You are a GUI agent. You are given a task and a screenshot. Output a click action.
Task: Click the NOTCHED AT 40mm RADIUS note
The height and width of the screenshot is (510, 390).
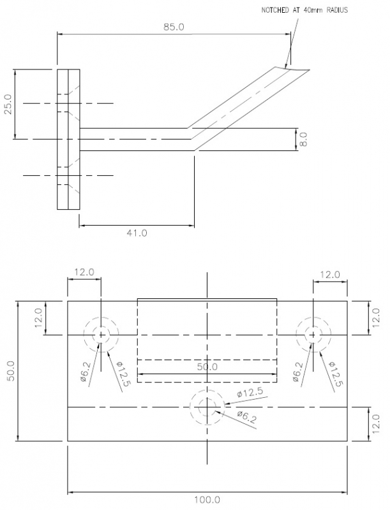click(x=304, y=10)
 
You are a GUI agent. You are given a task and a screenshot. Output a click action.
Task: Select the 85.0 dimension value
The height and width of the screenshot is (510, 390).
click(x=174, y=27)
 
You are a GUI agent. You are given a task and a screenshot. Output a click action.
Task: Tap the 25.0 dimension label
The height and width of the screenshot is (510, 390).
click(x=8, y=104)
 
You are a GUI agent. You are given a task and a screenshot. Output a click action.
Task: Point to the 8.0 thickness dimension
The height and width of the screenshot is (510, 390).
click(x=303, y=139)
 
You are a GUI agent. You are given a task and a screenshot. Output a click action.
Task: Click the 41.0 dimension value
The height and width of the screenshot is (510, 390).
click(x=137, y=233)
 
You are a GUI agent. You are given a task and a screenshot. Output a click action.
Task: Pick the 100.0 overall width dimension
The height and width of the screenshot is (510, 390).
click(x=207, y=499)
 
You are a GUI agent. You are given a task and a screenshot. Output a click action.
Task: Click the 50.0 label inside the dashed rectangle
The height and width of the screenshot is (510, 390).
click(x=207, y=367)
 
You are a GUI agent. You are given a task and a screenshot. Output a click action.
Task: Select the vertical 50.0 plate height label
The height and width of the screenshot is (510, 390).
click(x=10, y=371)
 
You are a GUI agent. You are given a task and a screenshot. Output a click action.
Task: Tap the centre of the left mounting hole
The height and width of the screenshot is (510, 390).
click(x=101, y=335)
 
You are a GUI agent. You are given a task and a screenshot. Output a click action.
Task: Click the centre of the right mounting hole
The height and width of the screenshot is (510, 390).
click(x=313, y=335)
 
